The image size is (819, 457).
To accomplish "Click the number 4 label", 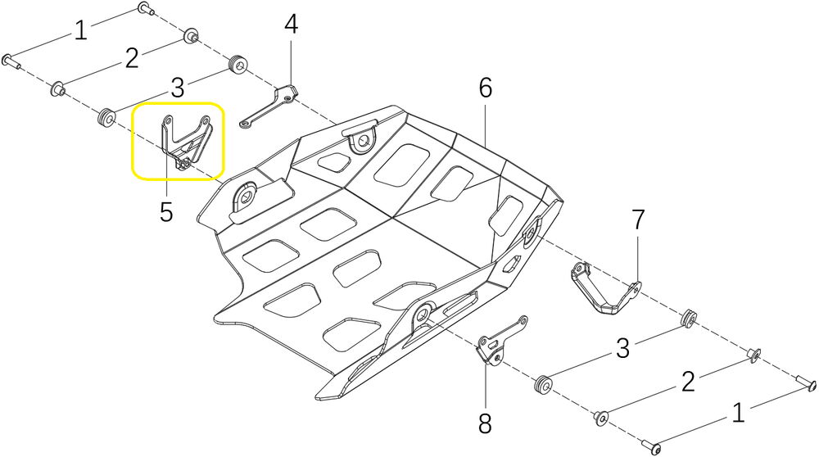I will tap(291, 25).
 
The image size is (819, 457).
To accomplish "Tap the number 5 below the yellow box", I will tap(166, 212).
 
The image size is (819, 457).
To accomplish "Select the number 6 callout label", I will tap(486, 88).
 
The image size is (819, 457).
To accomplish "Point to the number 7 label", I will tap(638, 219).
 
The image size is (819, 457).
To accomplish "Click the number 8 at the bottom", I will tap(486, 423).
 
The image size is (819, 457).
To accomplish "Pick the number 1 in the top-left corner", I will tap(79, 31).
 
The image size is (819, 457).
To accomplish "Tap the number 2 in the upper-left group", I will tap(131, 58).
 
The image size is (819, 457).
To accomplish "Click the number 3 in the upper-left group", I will tap(177, 87).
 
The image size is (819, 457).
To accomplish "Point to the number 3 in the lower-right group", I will tap(622, 348).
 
